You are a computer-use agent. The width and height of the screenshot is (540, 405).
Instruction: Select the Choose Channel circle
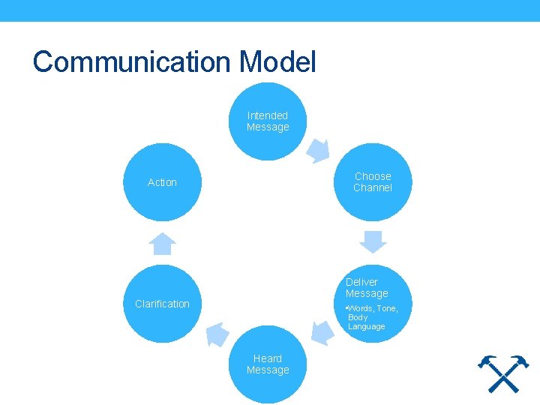pos(373,182)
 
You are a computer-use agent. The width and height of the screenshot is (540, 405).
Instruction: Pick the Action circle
pos(162,182)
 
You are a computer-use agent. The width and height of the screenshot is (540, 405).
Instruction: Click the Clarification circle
pos(162,304)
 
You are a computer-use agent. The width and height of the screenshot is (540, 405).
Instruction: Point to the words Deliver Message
pos(367,288)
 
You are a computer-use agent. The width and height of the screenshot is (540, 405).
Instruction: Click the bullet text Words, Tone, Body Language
pos(371,317)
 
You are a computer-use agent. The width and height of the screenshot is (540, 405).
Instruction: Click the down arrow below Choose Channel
pos(373,242)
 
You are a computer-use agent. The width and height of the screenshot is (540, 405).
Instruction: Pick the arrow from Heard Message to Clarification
pos(217,332)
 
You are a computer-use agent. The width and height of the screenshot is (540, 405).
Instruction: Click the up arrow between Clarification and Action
pos(162,244)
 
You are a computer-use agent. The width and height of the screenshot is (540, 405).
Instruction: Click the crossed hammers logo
pos(503,373)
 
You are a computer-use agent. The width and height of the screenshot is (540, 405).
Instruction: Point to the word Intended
pos(268,115)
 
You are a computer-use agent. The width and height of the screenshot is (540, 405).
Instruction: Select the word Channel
pos(373,187)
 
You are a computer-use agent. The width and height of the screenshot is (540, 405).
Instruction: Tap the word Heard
pos(268,358)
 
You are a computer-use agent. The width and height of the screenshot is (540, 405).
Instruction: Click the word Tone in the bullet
pos(387,309)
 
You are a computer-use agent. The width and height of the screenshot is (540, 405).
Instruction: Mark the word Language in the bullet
pos(367,326)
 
